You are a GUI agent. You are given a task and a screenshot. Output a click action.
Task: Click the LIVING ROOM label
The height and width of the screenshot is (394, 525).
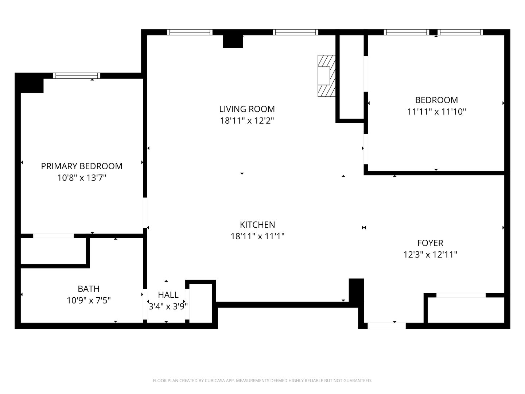click(x=247, y=109)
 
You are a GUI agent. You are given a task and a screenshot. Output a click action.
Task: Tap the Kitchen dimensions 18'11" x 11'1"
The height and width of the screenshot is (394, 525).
click(x=257, y=236)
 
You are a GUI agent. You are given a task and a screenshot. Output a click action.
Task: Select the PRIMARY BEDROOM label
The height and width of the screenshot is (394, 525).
click(x=81, y=166)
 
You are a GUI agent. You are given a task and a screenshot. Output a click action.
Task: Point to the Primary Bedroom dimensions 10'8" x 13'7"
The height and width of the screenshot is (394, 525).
click(x=82, y=178)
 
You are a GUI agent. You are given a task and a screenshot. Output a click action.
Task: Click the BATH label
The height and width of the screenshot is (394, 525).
click(x=89, y=289)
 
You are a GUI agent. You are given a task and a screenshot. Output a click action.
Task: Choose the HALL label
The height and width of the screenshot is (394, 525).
click(x=168, y=294)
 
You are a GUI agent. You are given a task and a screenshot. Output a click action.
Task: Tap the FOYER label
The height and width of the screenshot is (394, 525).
click(x=430, y=243)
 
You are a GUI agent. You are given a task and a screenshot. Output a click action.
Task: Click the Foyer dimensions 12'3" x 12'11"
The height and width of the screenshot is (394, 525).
click(x=430, y=255)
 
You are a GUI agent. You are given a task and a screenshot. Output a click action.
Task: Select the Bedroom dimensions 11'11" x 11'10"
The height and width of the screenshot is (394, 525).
click(x=436, y=112)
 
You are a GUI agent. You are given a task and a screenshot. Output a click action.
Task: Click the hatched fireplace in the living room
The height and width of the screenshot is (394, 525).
click(x=326, y=76)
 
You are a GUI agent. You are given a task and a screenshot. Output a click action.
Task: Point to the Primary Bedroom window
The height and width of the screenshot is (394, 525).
click(x=77, y=76)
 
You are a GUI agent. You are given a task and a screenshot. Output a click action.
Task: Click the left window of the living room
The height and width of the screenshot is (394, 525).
click(x=190, y=32)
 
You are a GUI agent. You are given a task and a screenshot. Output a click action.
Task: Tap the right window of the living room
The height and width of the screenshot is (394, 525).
click(x=295, y=32)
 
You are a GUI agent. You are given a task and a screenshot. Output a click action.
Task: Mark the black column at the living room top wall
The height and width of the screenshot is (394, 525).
click(x=233, y=41)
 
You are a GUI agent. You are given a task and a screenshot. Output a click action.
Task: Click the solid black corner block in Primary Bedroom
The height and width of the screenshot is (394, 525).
click(x=30, y=83)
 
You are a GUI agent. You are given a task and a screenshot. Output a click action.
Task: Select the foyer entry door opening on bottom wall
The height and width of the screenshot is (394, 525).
click(x=386, y=325)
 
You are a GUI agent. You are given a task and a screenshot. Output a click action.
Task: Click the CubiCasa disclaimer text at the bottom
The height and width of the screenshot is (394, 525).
click(x=262, y=381)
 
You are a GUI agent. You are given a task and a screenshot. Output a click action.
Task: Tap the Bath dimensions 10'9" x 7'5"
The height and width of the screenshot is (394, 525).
click(x=89, y=301)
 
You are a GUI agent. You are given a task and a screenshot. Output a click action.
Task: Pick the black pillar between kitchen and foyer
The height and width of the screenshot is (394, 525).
click(x=356, y=290)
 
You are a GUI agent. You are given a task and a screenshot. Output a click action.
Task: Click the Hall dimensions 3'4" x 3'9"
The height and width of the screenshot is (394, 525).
click(x=168, y=306)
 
